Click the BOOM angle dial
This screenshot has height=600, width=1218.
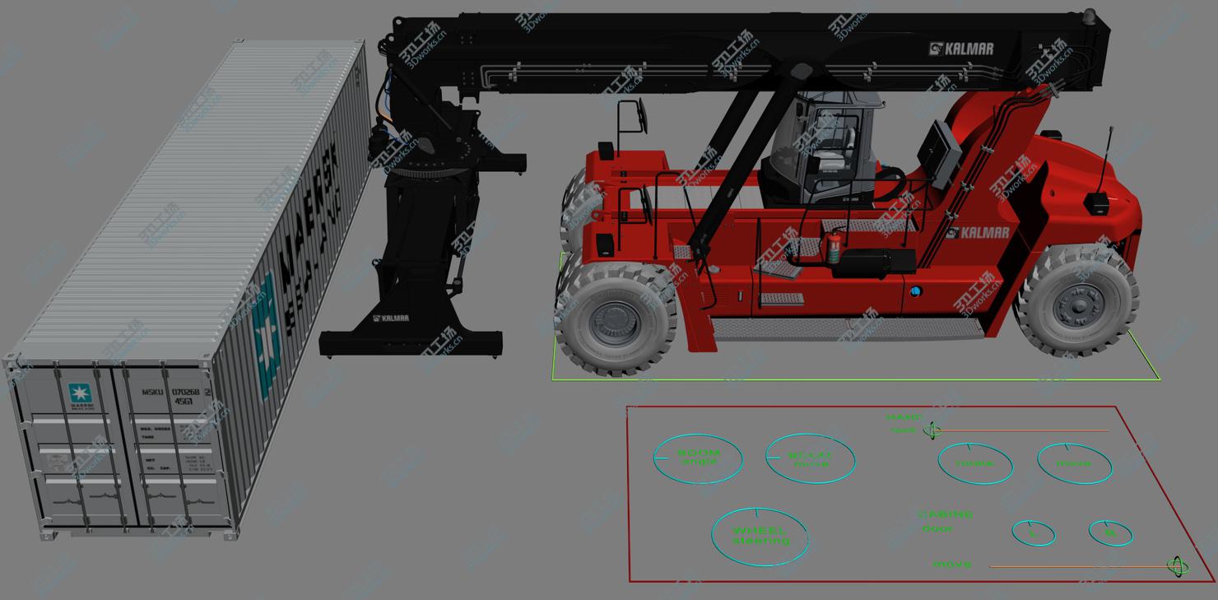(698, 458)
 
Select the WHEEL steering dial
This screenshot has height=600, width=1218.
(760, 537)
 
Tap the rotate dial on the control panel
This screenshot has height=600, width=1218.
(974, 463)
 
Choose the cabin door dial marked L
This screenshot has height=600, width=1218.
(1033, 533)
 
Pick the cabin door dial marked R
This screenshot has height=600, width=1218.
(1110, 533)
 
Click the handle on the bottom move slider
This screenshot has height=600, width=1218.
(1177, 566)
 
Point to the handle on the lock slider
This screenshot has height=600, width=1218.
(932, 430)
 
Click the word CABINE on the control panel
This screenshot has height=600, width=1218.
(946, 515)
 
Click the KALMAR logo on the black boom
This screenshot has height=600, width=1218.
(961, 49)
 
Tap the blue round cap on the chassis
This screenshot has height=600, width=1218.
(915, 291)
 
